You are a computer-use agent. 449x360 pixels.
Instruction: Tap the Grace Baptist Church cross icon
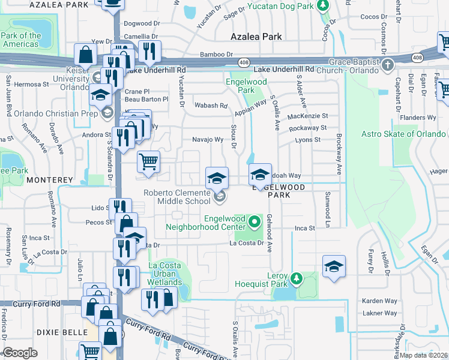pyautogui.click(x=388, y=64)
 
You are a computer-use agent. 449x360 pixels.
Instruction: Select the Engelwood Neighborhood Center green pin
pyautogui.click(x=255, y=223)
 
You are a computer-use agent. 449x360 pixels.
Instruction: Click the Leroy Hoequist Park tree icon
pyautogui.click(x=295, y=278)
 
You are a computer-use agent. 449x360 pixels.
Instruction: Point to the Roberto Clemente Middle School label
pyautogui.click(x=176, y=197)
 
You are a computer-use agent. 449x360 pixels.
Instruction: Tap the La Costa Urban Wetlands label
pyautogui.click(x=161, y=273)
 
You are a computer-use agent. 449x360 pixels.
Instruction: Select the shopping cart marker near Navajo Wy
pyautogui.click(x=148, y=161)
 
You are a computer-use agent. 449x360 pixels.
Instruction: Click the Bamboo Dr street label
pyautogui.click(x=216, y=55)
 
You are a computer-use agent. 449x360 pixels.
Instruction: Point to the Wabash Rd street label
pyautogui.click(x=211, y=106)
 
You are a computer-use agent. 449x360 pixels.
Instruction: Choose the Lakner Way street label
pyautogui.click(x=379, y=313)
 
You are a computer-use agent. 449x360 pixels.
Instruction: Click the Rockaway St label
pyautogui.click(x=307, y=128)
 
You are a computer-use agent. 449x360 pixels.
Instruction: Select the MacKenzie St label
pyautogui.click(x=308, y=116)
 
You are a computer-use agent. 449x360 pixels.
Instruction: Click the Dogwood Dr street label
pyautogui.click(x=142, y=24)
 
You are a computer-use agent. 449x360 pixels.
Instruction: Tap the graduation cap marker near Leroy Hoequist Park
pyautogui.click(x=334, y=267)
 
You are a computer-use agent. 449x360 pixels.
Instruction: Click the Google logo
pyautogui.click(x=20, y=353)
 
